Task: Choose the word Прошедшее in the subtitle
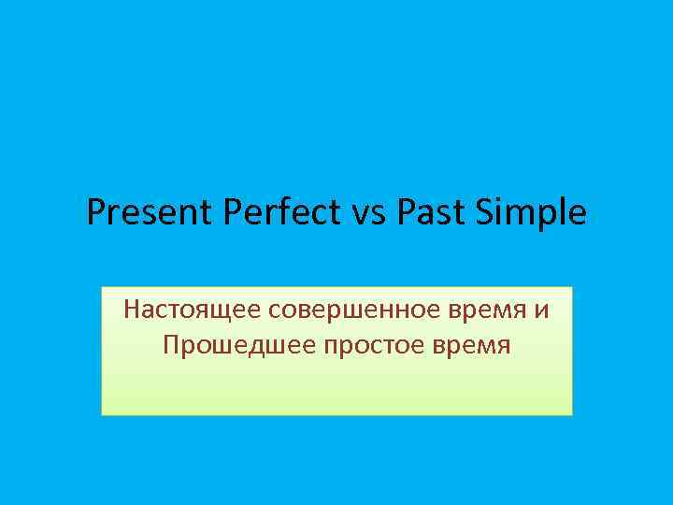(x=238, y=345)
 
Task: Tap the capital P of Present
(x=95, y=213)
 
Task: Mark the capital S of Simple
(x=484, y=213)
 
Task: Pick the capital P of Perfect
(x=234, y=213)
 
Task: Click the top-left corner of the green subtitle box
(x=102, y=287)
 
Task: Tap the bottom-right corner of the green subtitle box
(x=571, y=414)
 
